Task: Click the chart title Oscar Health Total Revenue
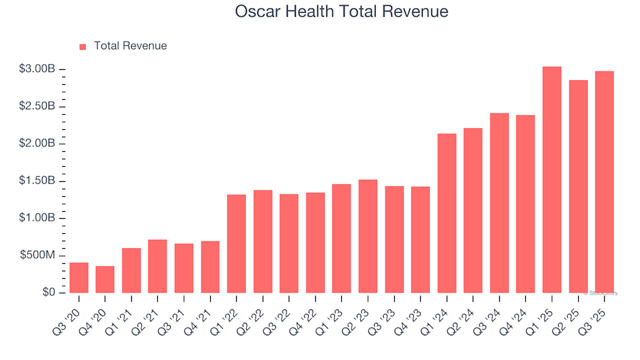coord(341,12)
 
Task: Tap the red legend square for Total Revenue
coord(83,47)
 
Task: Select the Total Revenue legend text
coord(130,46)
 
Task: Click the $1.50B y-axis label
coord(37,181)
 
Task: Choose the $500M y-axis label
coord(38,256)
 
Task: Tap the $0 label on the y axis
coord(49,293)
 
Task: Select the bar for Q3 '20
coord(79,278)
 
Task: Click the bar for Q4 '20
coord(105,280)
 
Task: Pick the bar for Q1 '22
coord(237,244)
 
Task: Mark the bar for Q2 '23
coord(368,237)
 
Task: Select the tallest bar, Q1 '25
coord(552,180)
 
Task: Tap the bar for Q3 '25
coord(604,182)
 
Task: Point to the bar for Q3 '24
coord(499,203)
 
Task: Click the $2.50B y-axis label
coord(37,107)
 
